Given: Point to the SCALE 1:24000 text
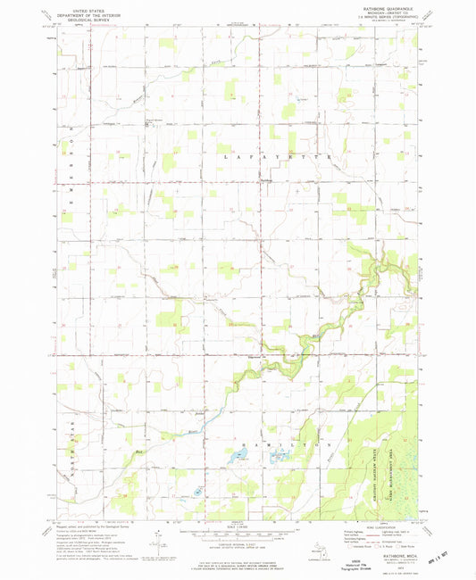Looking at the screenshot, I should pyautogui.click(x=238, y=526).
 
